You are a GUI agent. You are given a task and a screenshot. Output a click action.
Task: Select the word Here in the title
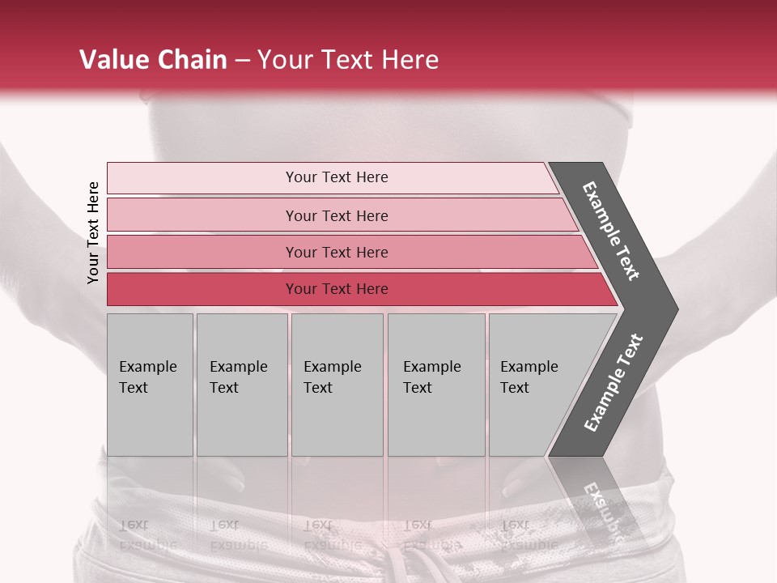[410, 60]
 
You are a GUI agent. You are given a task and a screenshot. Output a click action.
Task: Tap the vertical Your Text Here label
[93, 232]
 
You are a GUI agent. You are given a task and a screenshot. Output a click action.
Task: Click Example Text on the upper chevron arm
[611, 231]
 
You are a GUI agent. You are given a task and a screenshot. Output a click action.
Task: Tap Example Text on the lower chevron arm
[613, 383]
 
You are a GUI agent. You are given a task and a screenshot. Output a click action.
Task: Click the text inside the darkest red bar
[337, 289]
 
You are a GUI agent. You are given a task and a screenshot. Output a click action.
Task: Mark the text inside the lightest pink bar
[337, 177]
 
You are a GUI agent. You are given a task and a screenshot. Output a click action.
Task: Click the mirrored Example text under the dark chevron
[603, 510]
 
